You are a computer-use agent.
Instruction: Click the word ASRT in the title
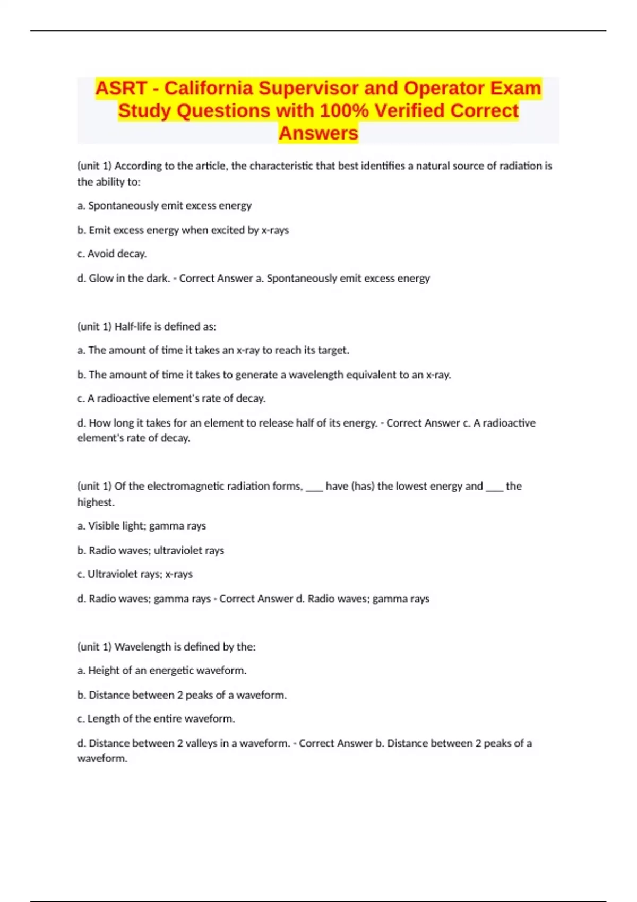point(120,88)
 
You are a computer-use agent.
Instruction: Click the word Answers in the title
point(318,133)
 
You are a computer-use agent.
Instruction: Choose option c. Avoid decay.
point(112,254)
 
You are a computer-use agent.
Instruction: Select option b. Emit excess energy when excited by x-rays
point(183,230)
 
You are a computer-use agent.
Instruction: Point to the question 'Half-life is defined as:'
point(147,327)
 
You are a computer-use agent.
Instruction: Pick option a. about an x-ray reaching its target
point(213,350)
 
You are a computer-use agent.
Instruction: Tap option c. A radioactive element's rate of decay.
point(171,398)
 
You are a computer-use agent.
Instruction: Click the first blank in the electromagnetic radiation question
point(314,487)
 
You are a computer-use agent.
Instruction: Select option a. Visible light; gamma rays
point(142,526)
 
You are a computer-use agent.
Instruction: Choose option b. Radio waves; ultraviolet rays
point(151,551)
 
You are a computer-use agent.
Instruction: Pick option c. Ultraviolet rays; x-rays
point(135,574)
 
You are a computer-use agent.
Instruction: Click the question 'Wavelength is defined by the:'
point(166,647)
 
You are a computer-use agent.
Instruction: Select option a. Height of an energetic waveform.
point(162,671)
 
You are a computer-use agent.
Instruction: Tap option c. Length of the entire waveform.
point(156,719)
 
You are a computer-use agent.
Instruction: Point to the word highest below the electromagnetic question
point(96,502)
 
